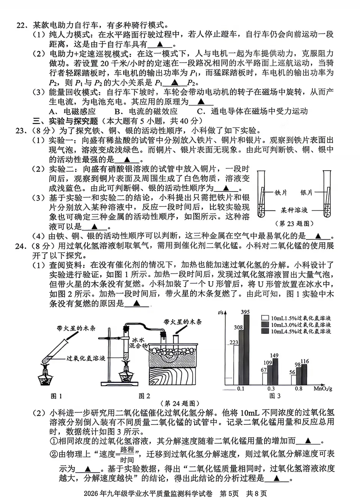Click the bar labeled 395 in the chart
click(246, 350)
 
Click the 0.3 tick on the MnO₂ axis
click(271, 389)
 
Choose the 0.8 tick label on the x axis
click(299, 389)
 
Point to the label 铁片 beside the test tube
click(281, 192)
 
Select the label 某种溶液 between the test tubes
click(294, 210)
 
